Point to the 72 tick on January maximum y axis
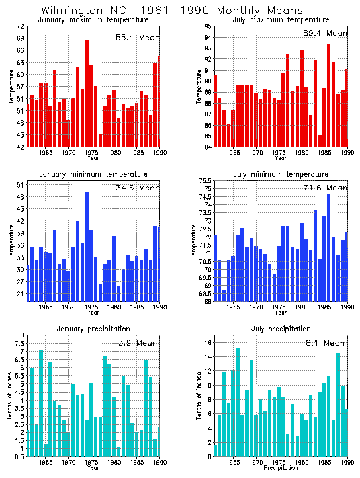20,26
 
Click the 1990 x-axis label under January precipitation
159,463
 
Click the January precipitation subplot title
93,329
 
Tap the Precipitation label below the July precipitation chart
281,468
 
